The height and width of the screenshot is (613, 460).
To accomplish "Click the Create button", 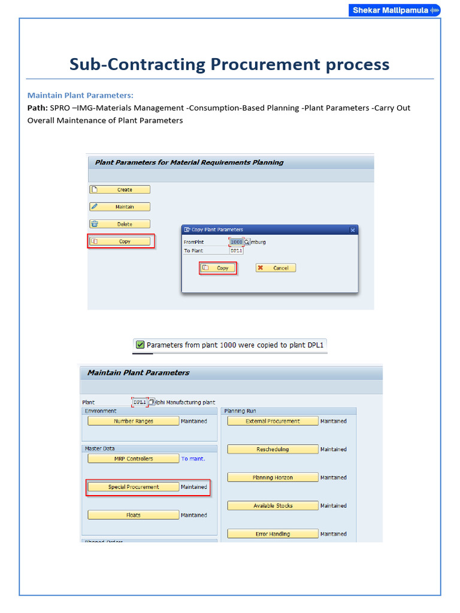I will [x=120, y=190].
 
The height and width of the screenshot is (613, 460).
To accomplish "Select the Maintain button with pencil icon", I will [x=120, y=207].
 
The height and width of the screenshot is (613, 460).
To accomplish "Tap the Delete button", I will [x=120, y=224].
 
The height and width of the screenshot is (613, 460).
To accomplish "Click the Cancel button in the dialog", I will [x=276, y=268].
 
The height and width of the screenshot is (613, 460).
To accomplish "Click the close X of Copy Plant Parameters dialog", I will [x=353, y=229].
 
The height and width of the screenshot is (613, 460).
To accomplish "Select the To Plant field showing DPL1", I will [x=236, y=251].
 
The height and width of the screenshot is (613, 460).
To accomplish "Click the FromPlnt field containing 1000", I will [x=236, y=242].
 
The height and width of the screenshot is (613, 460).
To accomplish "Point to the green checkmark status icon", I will [x=140, y=345].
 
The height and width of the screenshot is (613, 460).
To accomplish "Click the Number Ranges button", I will [x=133, y=421].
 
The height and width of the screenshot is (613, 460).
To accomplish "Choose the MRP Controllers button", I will [x=133, y=459].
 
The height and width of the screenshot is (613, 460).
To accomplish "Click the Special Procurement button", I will [x=133, y=487].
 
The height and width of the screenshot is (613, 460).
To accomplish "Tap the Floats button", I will [x=133, y=515].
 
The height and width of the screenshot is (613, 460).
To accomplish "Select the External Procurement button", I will [x=273, y=421].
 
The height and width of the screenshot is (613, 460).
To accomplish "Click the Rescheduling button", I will [x=273, y=450].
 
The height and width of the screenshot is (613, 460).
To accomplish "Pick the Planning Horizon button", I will [x=273, y=478].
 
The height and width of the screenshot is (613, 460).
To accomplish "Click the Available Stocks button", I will [x=273, y=506].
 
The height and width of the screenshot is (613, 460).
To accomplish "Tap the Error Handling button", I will [x=273, y=534].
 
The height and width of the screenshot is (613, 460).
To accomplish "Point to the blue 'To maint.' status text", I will [x=193, y=459].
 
